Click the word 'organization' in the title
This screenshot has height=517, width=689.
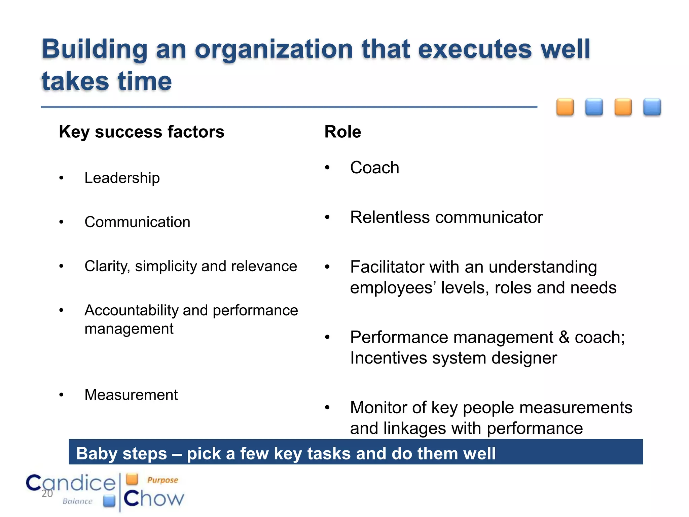coord(274,49)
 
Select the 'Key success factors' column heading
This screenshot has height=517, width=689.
coord(141,132)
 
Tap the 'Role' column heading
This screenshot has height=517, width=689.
coord(342,132)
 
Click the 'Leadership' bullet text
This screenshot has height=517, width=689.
coord(122,178)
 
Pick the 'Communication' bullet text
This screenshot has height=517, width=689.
coord(137,222)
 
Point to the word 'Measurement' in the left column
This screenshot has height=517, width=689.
coord(131,395)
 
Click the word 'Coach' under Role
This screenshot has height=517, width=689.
coord(374,168)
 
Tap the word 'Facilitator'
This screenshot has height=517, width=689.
coord(387,267)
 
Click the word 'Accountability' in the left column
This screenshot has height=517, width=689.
coord(131,310)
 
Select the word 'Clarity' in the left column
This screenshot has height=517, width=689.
coord(107,266)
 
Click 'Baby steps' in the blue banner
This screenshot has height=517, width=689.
coord(121,453)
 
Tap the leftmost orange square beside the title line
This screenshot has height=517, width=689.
coord(565,107)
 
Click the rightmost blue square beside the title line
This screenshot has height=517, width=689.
coord(652,107)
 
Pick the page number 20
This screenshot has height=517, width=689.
coord(47,494)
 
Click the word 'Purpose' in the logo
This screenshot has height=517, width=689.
coord(162,480)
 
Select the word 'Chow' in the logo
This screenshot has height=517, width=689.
coord(154,498)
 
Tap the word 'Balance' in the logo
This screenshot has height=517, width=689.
coord(77,501)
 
